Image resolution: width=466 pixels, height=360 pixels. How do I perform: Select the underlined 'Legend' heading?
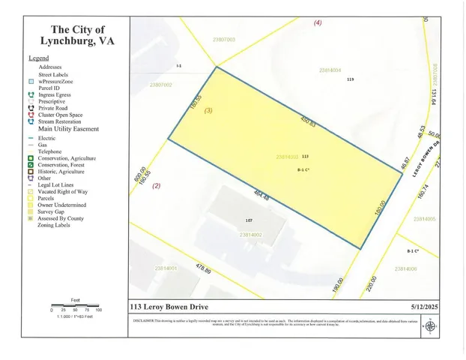click(x=38, y=58)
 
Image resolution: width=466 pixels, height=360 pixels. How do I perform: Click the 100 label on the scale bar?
click(x=98, y=310)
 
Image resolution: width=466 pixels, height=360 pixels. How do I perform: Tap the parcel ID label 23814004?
click(x=330, y=70)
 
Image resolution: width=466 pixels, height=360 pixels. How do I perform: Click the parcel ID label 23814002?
click(x=250, y=235)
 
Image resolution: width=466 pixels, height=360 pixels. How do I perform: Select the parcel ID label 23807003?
click(x=224, y=39)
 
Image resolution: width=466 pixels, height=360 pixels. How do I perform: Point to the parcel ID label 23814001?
click(x=165, y=268)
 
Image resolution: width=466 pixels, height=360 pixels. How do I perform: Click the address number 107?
click(x=249, y=220)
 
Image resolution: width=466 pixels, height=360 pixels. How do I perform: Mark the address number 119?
click(x=349, y=79)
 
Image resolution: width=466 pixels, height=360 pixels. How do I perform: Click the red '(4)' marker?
click(x=317, y=23)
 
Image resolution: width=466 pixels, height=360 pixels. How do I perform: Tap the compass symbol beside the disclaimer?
click(x=429, y=325)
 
